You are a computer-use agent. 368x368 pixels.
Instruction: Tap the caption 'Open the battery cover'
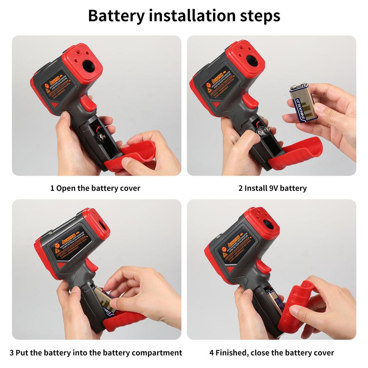coord(98,188)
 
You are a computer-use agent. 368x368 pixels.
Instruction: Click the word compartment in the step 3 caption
coord(157,353)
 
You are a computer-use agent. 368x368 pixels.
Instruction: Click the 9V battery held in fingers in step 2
coord(304,103)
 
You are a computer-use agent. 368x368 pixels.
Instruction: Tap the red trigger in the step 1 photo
coord(88,103)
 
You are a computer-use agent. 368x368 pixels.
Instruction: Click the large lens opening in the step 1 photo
coord(88,65)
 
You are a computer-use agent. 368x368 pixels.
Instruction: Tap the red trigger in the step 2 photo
coord(250,101)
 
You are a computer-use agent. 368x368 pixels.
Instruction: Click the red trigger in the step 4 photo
coord(263,267)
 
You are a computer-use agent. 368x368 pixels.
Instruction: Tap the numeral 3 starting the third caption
coord(11,353)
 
